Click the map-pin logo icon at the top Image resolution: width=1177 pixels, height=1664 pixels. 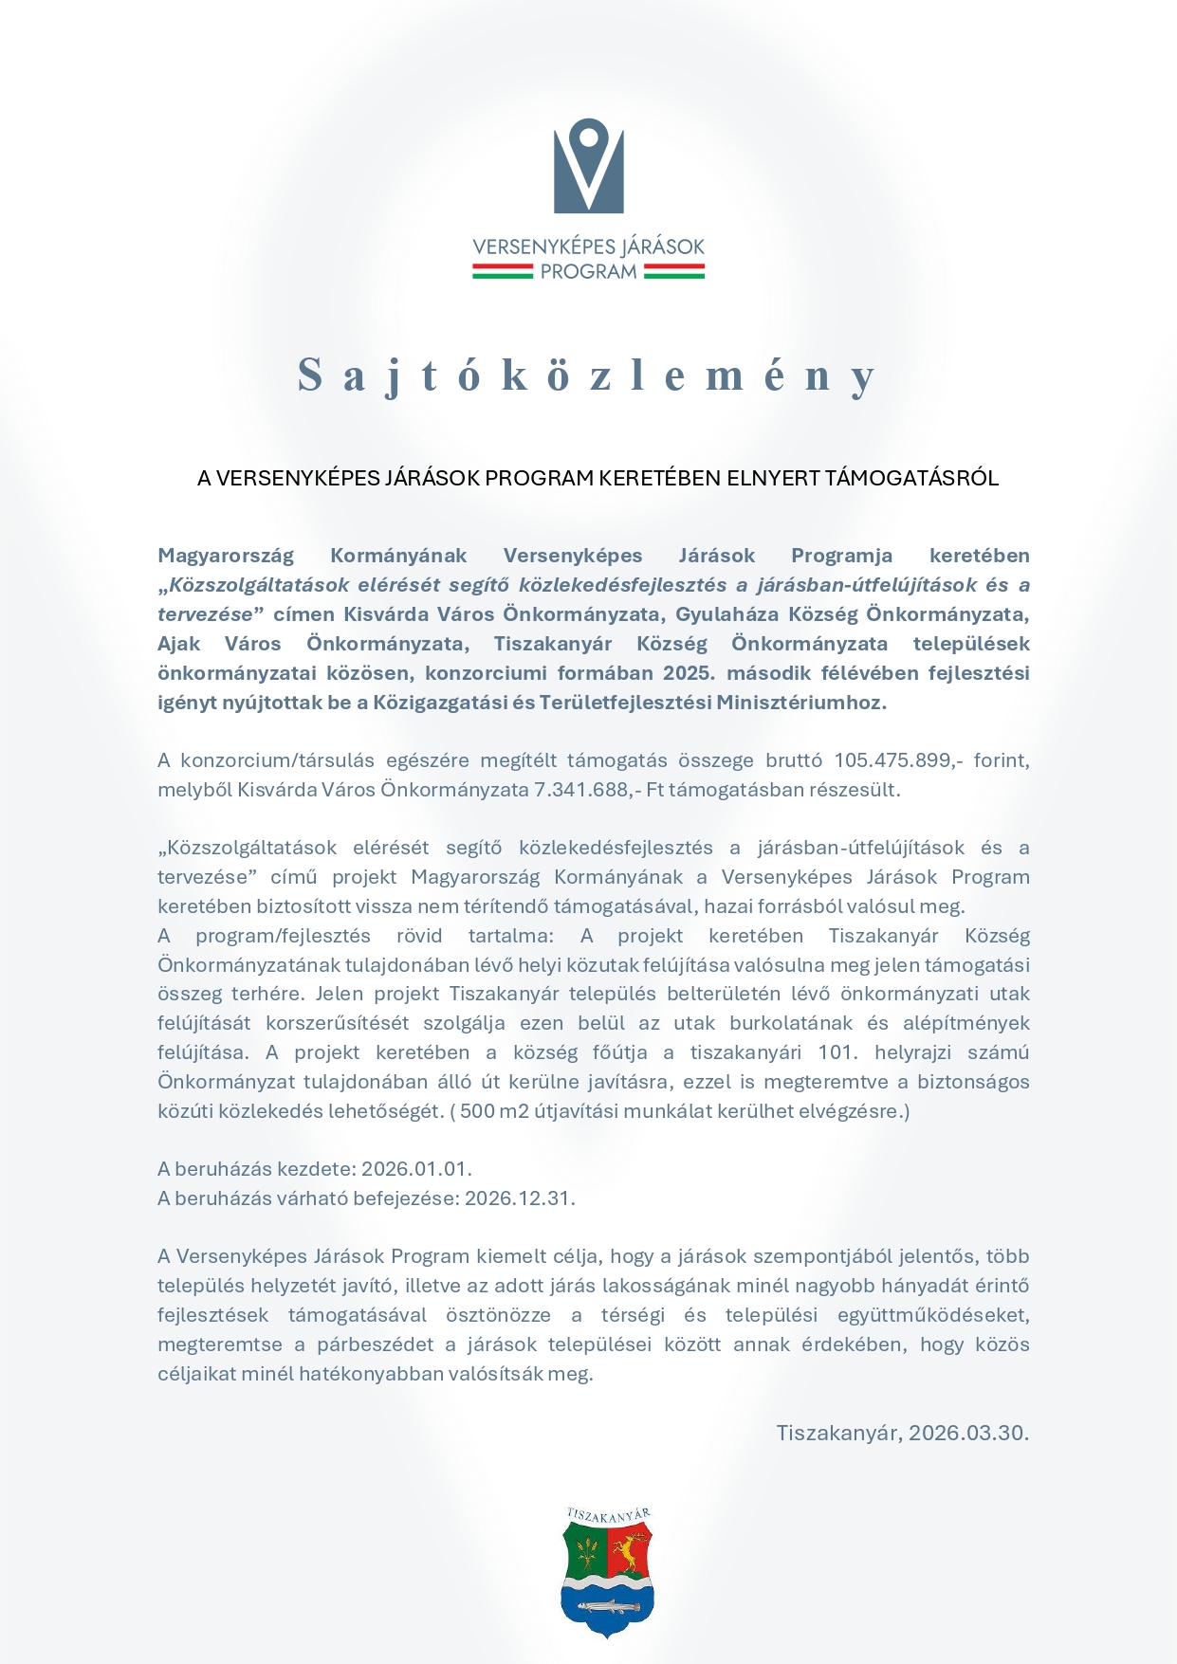pos(588,166)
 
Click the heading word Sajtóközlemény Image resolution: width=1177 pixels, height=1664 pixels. pos(588,375)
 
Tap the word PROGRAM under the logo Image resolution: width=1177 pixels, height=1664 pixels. pos(588,272)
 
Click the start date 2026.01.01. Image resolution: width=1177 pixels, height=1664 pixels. pos(416,1169)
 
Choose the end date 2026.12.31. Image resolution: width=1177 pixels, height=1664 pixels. pos(520,1198)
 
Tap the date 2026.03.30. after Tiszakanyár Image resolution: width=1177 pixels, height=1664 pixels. pos(968,1433)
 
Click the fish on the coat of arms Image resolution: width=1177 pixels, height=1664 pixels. pos(607,1606)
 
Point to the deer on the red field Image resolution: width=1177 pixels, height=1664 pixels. pos(627,1551)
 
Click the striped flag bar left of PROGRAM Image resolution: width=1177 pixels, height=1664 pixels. pos(503,272)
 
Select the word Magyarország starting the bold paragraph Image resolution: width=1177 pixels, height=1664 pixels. pos(226,556)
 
